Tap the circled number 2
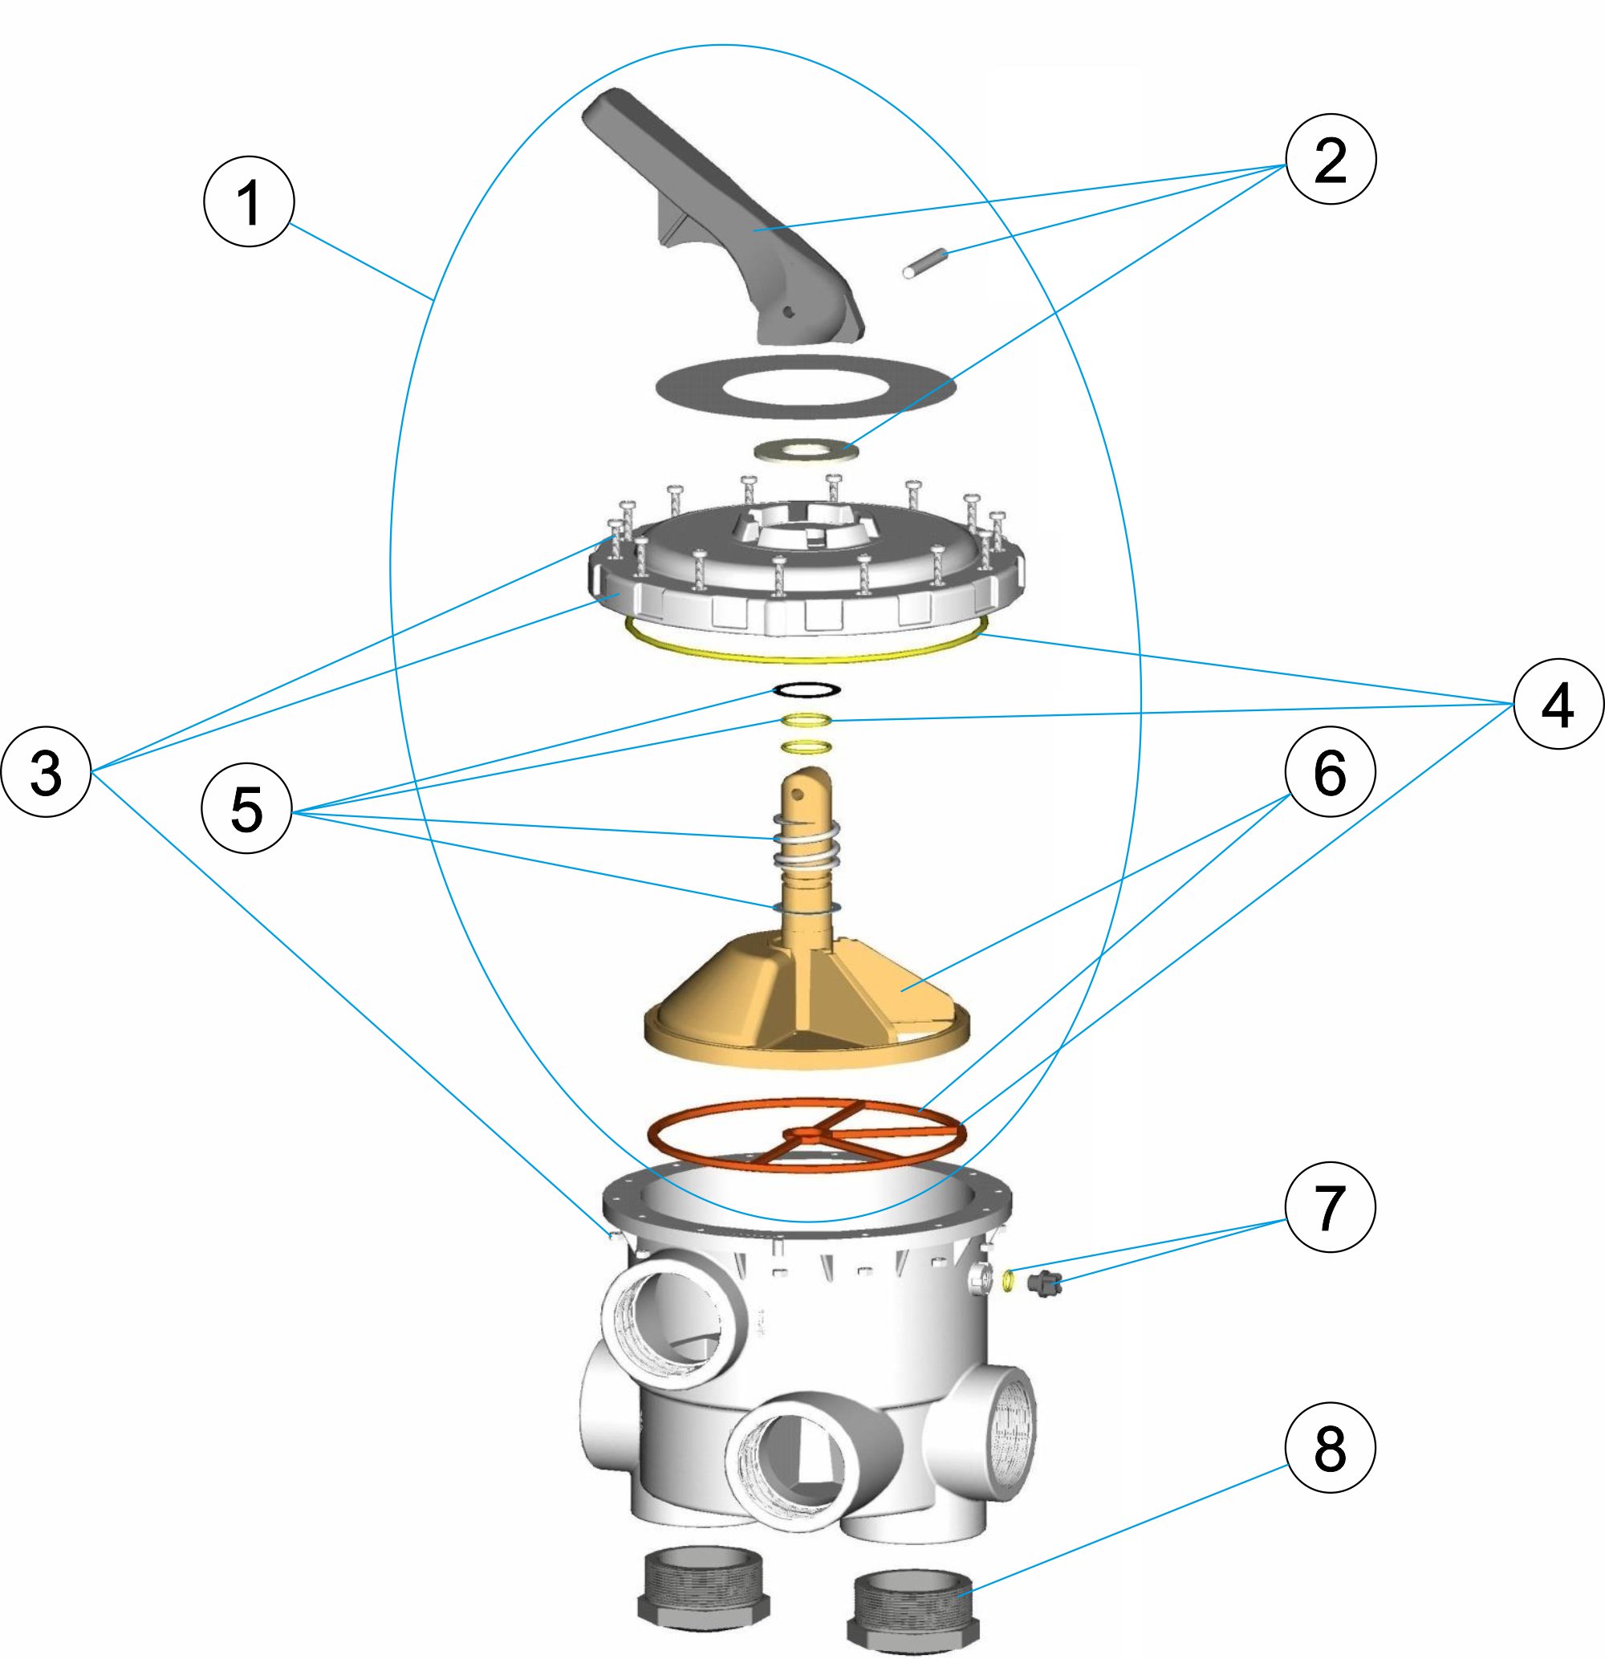point(1330,159)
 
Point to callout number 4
point(1558,704)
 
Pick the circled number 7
point(1330,1206)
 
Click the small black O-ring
point(806,689)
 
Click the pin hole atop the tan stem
point(798,793)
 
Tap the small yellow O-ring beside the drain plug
point(1007,1279)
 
